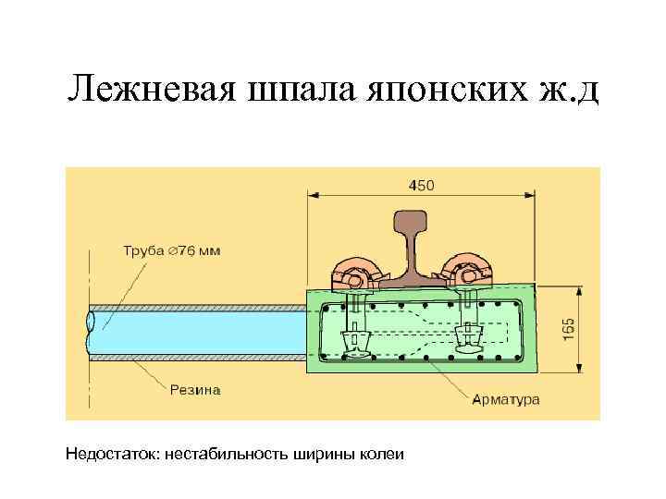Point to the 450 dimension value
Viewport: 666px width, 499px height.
pos(421,186)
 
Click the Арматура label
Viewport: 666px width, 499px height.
pos(506,399)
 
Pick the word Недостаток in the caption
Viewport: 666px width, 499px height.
pos(112,454)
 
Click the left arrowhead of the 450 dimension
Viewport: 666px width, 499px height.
pos(313,195)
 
